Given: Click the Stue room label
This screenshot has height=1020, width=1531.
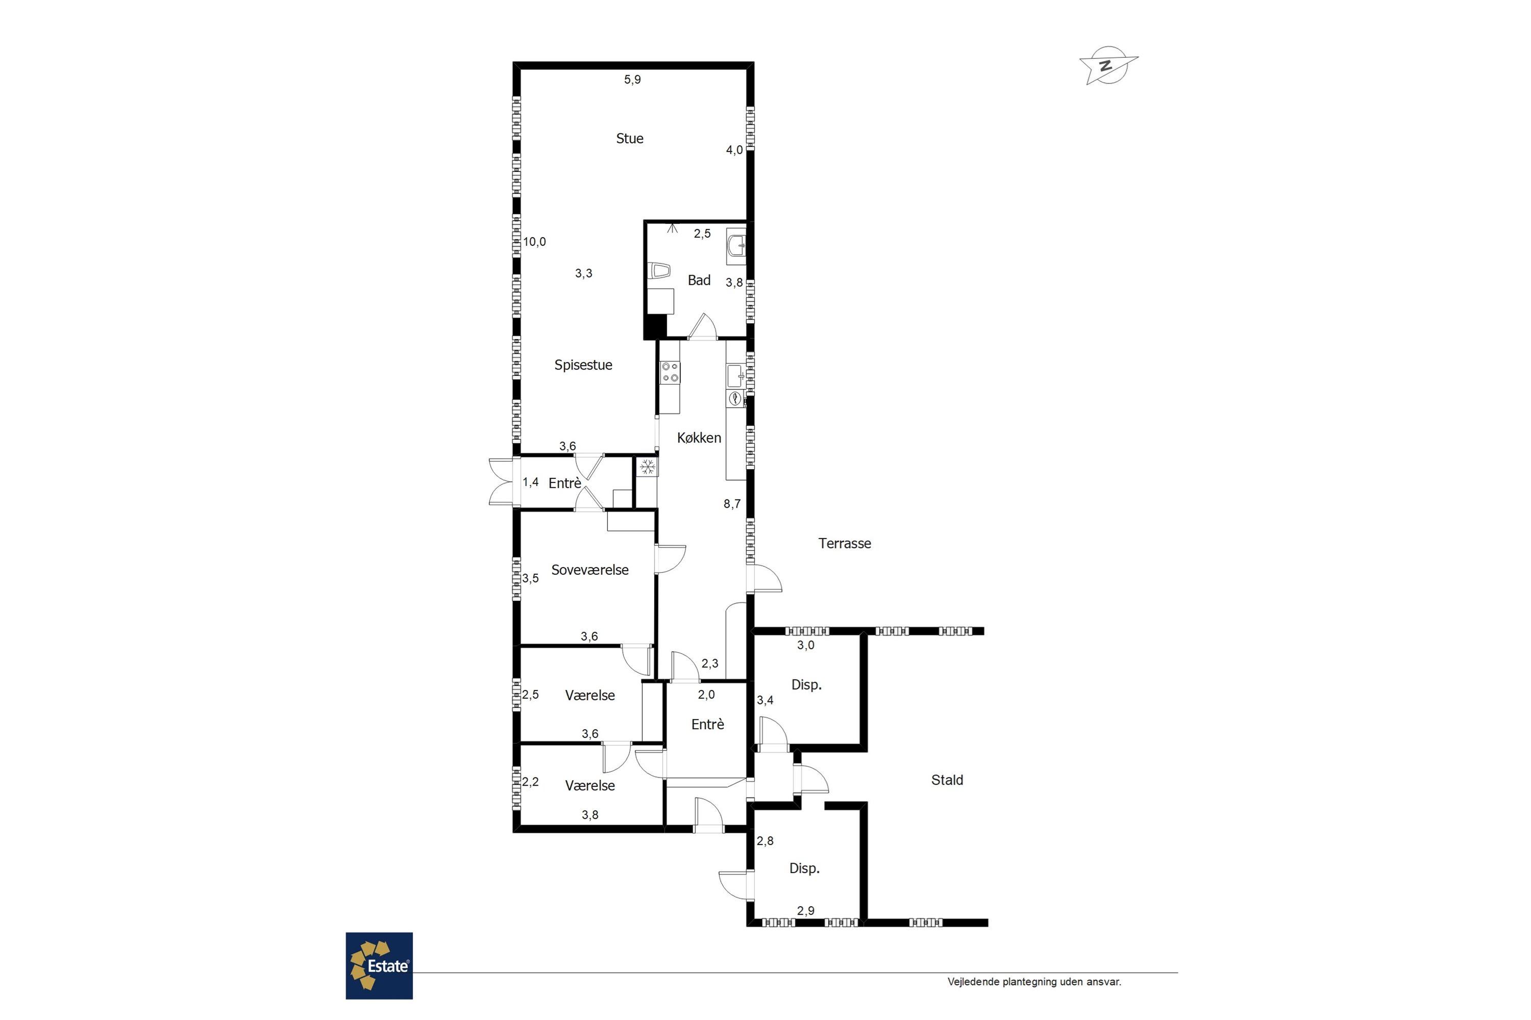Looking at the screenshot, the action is pyautogui.click(x=629, y=139).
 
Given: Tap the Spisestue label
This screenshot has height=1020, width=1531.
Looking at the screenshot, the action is pyautogui.click(x=583, y=365).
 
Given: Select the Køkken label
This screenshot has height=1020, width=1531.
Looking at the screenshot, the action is pyautogui.click(x=699, y=438).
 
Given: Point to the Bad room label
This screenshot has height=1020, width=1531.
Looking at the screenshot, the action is pyautogui.click(x=699, y=280).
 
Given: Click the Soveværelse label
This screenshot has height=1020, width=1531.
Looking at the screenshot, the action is pyautogui.click(x=590, y=570).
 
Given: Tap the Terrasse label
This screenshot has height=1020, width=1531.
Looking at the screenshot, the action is pyautogui.click(x=844, y=543).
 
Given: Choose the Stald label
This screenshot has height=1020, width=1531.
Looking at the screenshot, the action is pyautogui.click(x=947, y=780).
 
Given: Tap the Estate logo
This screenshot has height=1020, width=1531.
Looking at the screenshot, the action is pyautogui.click(x=379, y=965).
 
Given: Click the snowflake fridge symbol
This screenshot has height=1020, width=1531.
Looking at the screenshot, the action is pyautogui.click(x=647, y=467).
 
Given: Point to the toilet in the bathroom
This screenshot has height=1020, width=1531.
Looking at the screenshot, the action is pyautogui.click(x=659, y=271).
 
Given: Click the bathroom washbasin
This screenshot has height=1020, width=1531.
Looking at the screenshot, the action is pyautogui.click(x=736, y=246).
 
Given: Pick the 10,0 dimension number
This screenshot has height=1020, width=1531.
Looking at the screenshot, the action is pyautogui.click(x=534, y=242).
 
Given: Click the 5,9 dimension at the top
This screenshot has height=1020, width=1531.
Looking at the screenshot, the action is pyautogui.click(x=633, y=80).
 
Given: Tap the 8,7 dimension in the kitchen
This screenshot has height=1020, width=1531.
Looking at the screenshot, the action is pyautogui.click(x=732, y=503).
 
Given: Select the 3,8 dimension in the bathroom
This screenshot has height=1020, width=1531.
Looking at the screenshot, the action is pyautogui.click(x=734, y=283).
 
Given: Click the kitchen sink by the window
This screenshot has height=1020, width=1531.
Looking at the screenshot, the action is pyautogui.click(x=735, y=376).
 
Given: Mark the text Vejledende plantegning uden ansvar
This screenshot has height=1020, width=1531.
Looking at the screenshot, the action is pyautogui.click(x=1034, y=982).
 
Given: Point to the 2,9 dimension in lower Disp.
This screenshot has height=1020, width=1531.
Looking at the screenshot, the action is pyautogui.click(x=806, y=911).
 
